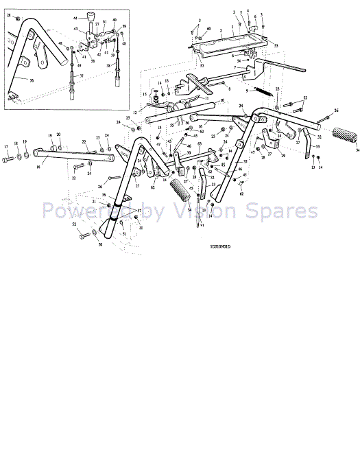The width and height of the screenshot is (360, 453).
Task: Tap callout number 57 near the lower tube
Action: pyautogui.click(x=140, y=211)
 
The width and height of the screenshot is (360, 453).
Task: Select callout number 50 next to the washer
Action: pyautogui.click(x=100, y=244)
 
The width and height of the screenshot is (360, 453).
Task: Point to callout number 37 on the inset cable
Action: pyautogui.click(x=81, y=75)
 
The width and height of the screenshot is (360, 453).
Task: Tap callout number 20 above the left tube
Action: pyautogui.click(x=58, y=135)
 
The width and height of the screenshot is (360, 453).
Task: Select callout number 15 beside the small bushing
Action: pyautogui.click(x=145, y=94)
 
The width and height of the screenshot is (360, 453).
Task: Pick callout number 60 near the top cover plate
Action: pyautogui.click(x=208, y=30)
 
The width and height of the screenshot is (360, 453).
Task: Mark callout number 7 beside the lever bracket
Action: pyautogui.click(x=235, y=67)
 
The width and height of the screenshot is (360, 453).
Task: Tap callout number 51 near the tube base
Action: pyautogui.click(x=124, y=234)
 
